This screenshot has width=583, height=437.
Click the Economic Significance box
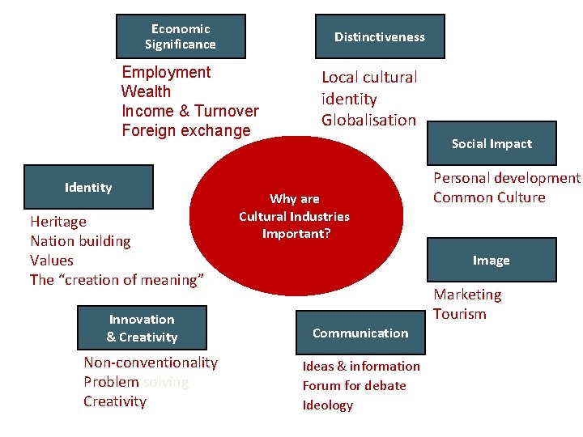(181, 36)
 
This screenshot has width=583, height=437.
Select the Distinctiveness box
(379, 36)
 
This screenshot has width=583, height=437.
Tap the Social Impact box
(492, 144)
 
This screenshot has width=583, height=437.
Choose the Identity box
(88, 188)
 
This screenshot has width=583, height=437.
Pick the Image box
(492, 260)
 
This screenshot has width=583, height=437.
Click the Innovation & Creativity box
(142, 328)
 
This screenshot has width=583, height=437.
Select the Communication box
(360, 333)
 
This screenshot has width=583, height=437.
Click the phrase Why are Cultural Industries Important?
(294, 216)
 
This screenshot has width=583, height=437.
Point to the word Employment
(166, 72)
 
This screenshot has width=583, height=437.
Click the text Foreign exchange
(186, 130)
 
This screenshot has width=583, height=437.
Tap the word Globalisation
(368, 121)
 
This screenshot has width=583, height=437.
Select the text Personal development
(507, 178)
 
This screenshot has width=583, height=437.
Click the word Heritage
(58, 222)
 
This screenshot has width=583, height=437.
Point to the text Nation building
(80, 241)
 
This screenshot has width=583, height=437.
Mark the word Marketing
(467, 295)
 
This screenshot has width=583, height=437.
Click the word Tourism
(460, 314)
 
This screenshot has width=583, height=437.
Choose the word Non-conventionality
(151, 363)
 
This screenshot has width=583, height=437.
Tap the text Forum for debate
(354, 386)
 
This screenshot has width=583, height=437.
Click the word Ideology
(328, 405)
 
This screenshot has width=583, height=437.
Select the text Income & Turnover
(190, 111)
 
